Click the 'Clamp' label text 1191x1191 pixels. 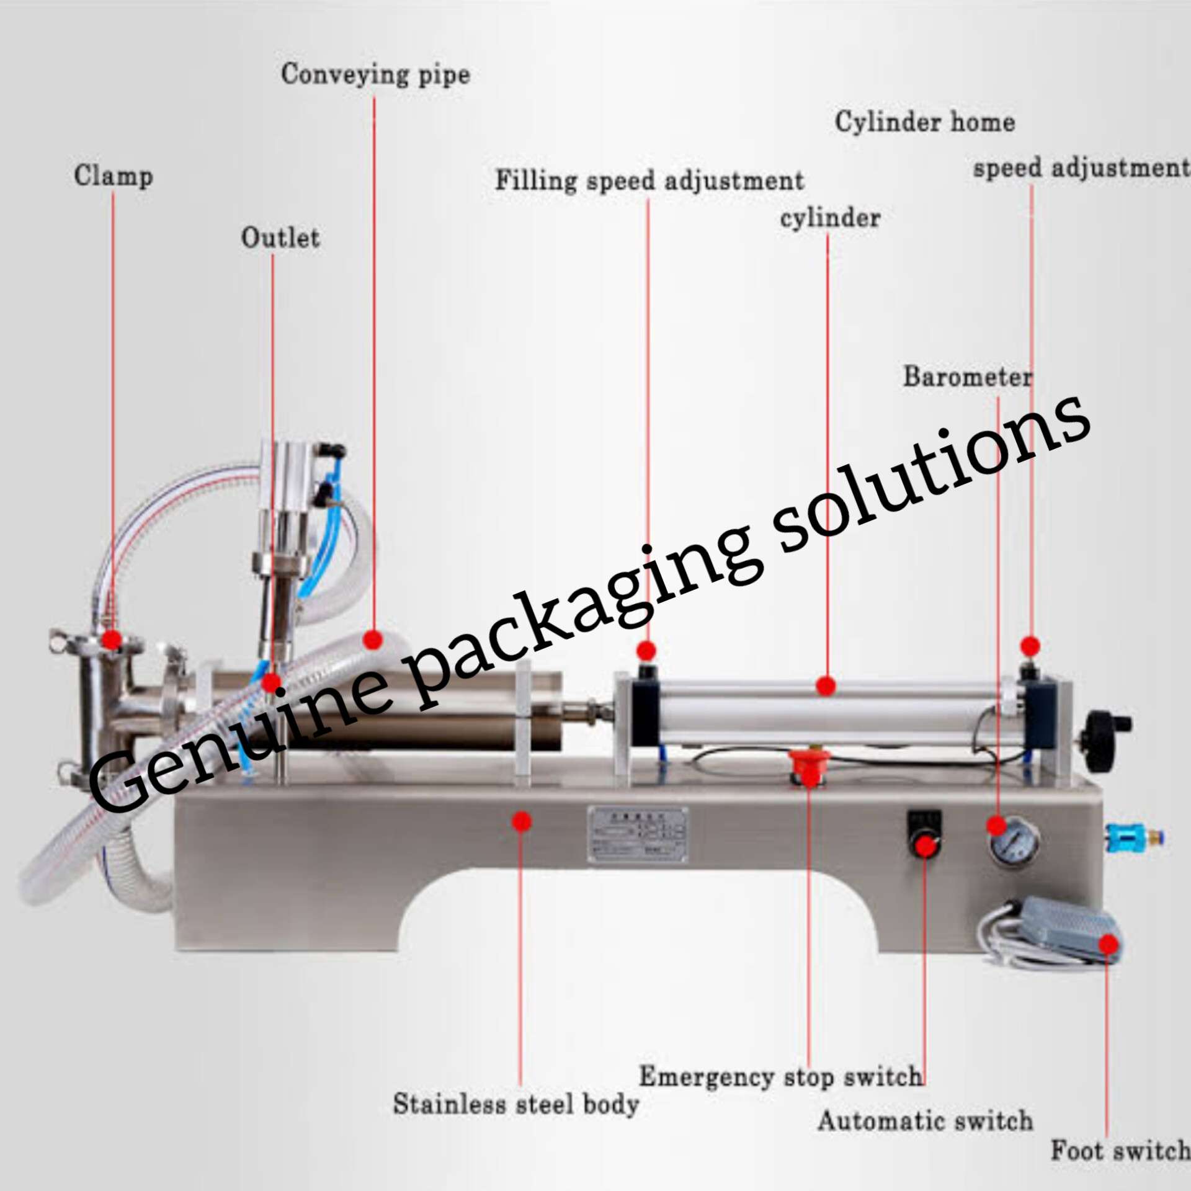[114, 176]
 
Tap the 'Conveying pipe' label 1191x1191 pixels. [375, 74]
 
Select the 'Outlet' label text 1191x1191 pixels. [280, 238]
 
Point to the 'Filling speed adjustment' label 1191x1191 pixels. [649, 181]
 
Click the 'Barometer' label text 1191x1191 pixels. [967, 377]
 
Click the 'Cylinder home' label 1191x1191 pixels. [924, 122]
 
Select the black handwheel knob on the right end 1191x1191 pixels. [1101, 739]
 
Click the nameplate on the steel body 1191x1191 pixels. [638, 834]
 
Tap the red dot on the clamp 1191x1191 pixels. [112, 639]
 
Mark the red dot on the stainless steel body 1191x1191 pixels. [522, 821]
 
